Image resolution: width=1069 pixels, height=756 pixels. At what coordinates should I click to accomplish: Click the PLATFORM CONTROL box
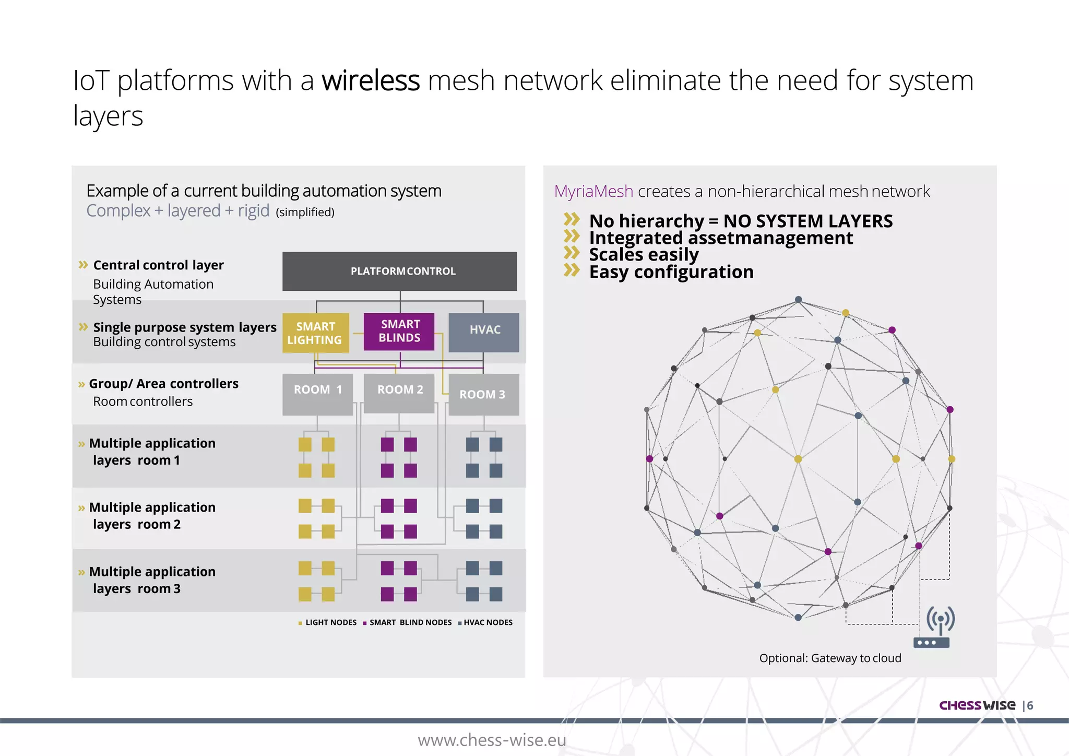tap(400, 271)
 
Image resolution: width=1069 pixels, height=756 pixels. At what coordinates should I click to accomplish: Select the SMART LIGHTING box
tap(316, 333)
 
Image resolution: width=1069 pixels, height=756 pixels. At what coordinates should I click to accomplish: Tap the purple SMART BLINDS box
tap(399, 331)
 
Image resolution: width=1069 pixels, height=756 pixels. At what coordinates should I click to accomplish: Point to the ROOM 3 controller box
tap(483, 395)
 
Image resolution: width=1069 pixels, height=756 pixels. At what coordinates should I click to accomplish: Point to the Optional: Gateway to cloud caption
tap(830, 658)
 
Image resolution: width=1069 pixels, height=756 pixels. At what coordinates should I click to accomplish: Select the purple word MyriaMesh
tap(593, 192)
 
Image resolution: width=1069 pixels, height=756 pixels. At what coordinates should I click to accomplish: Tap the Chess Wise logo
tap(977, 705)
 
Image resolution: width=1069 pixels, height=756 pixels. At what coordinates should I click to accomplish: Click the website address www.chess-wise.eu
tap(492, 740)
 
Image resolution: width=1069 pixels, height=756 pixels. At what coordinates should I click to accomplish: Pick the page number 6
tap(1030, 706)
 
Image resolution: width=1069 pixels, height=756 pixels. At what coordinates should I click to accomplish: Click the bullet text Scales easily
tap(644, 255)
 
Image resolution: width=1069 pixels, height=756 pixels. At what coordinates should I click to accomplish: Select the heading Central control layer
tap(158, 265)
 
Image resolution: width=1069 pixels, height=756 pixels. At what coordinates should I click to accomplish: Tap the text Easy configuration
tap(671, 272)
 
